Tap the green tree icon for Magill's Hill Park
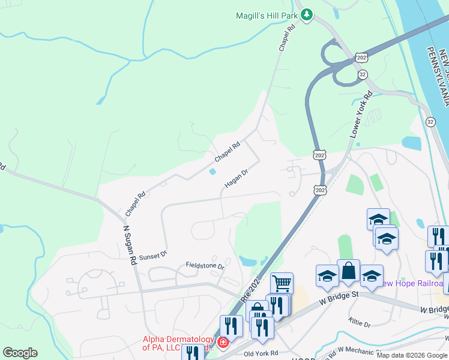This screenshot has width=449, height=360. pos(307,14)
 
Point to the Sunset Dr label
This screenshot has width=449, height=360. pos(152,256)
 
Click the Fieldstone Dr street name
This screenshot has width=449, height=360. pos(205,265)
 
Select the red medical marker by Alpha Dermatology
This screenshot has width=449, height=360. pos(223,343)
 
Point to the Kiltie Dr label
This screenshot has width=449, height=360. pos(359,323)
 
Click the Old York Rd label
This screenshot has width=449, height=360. pos(262,353)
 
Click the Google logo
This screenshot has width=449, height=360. pos(20,353)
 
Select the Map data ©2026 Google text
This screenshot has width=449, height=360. pos(412,355)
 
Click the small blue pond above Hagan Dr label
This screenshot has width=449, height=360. pos(213,172)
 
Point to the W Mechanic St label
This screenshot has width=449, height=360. pos(360,350)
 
